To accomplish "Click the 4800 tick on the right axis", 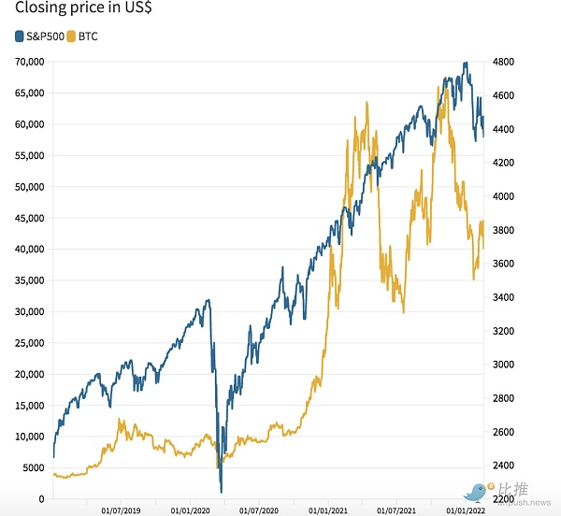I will click(x=506, y=62).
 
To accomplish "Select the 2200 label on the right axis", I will click(x=506, y=499).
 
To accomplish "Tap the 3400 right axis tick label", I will click(x=506, y=297).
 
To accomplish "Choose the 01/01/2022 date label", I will click(x=464, y=510).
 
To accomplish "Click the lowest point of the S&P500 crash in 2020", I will click(x=222, y=492).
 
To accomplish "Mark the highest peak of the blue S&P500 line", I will click(x=465, y=63).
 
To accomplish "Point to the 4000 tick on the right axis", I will click(x=506, y=196).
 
